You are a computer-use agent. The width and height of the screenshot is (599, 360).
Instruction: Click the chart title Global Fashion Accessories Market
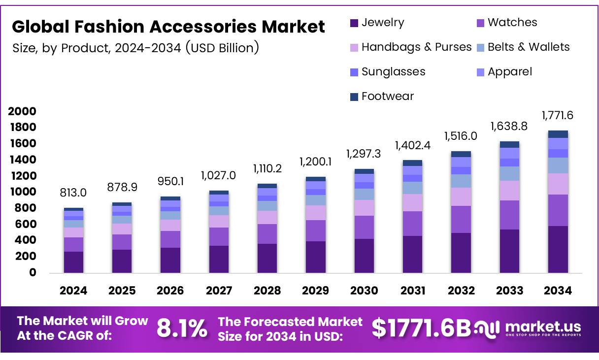pyautogui.click(x=168, y=27)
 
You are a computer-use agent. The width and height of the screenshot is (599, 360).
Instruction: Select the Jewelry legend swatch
pyautogui.click(x=354, y=23)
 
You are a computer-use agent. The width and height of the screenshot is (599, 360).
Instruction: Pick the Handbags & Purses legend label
pyautogui.click(x=416, y=47)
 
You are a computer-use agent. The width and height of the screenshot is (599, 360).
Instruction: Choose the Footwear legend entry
pyautogui.click(x=387, y=97)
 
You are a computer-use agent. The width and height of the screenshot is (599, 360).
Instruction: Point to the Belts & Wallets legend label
pyautogui.click(x=529, y=47)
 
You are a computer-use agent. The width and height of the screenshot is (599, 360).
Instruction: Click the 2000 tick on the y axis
pyautogui.click(x=22, y=111)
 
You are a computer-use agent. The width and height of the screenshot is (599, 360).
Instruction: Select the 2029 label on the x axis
pyautogui.click(x=316, y=291)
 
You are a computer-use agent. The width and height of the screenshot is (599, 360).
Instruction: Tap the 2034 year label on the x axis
pyautogui.click(x=558, y=291)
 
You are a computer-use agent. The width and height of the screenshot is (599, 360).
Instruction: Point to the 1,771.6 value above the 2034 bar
pyautogui.click(x=558, y=116)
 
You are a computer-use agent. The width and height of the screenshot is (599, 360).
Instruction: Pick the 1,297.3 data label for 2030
pyautogui.click(x=364, y=154)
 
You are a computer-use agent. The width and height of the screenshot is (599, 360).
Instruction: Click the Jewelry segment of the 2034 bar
pyautogui.click(x=558, y=249)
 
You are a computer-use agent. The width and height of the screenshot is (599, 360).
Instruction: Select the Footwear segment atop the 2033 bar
pyautogui.click(x=509, y=144)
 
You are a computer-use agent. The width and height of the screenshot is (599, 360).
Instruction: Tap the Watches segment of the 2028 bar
pyautogui.click(x=267, y=234)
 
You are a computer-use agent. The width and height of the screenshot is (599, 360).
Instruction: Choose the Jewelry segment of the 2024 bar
pyautogui.click(x=73, y=262)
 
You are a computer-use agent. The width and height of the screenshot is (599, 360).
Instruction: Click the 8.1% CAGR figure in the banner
pyautogui.click(x=182, y=328)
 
